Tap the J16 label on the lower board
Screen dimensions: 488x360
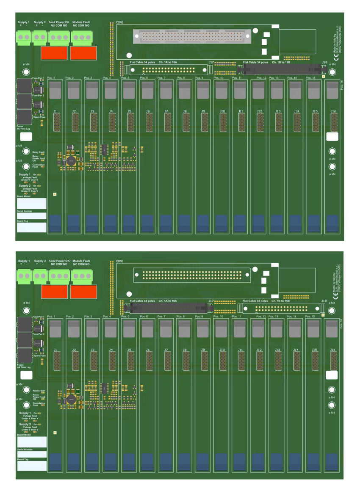point(333,350)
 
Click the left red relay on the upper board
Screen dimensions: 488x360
point(54,53)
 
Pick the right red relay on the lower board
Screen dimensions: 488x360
point(83,291)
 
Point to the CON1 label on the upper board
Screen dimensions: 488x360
point(119,22)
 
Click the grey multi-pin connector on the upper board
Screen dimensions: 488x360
point(192,37)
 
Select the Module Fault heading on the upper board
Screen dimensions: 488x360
point(81,22)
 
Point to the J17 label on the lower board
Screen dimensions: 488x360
point(211,301)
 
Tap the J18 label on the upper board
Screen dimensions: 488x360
point(324,62)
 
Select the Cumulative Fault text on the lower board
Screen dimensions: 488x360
point(38,404)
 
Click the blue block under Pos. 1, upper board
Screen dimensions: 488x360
point(55,223)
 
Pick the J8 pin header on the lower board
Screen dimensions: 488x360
point(186,361)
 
